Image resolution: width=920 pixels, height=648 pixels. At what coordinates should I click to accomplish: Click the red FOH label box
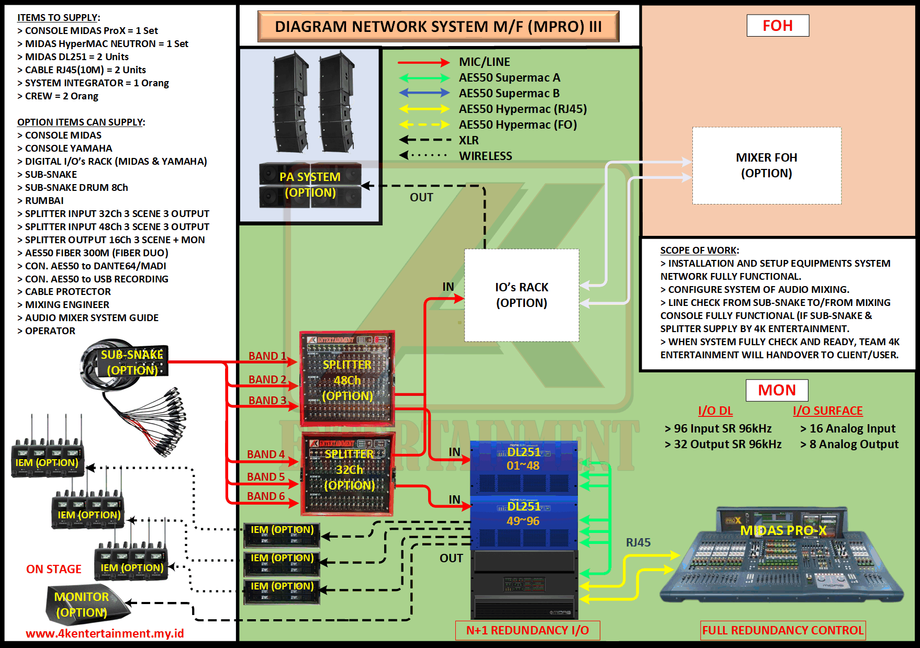(x=778, y=26)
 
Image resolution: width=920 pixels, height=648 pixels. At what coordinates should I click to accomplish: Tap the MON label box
(x=777, y=390)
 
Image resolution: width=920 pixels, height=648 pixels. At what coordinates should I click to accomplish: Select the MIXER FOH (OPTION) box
(x=767, y=165)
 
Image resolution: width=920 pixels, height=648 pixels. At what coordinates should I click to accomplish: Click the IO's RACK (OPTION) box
(x=522, y=295)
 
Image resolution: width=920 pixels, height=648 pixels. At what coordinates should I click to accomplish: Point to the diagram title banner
(x=438, y=27)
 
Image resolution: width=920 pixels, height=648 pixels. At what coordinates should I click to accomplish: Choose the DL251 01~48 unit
(x=523, y=468)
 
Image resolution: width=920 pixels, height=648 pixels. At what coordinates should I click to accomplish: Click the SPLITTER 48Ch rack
(x=347, y=379)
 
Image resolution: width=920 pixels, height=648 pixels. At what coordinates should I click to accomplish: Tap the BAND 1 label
(x=267, y=356)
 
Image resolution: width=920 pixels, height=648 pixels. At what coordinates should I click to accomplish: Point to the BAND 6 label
(x=266, y=496)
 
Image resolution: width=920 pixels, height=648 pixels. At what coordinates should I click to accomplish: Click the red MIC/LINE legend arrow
(x=424, y=63)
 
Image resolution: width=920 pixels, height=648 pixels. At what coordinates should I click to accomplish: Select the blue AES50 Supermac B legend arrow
(x=424, y=93)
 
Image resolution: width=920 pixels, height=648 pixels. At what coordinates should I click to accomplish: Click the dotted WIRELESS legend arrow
(x=424, y=155)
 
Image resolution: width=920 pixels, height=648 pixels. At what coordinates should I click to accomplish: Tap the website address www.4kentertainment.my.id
(x=105, y=633)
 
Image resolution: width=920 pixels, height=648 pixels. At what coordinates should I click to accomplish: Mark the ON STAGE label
(x=54, y=569)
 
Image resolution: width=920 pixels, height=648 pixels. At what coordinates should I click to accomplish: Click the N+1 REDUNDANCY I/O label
(x=528, y=630)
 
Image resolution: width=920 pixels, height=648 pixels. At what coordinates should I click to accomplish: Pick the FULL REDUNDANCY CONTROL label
(x=783, y=630)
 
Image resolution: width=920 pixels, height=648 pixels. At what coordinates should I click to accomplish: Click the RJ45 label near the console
(x=638, y=542)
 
